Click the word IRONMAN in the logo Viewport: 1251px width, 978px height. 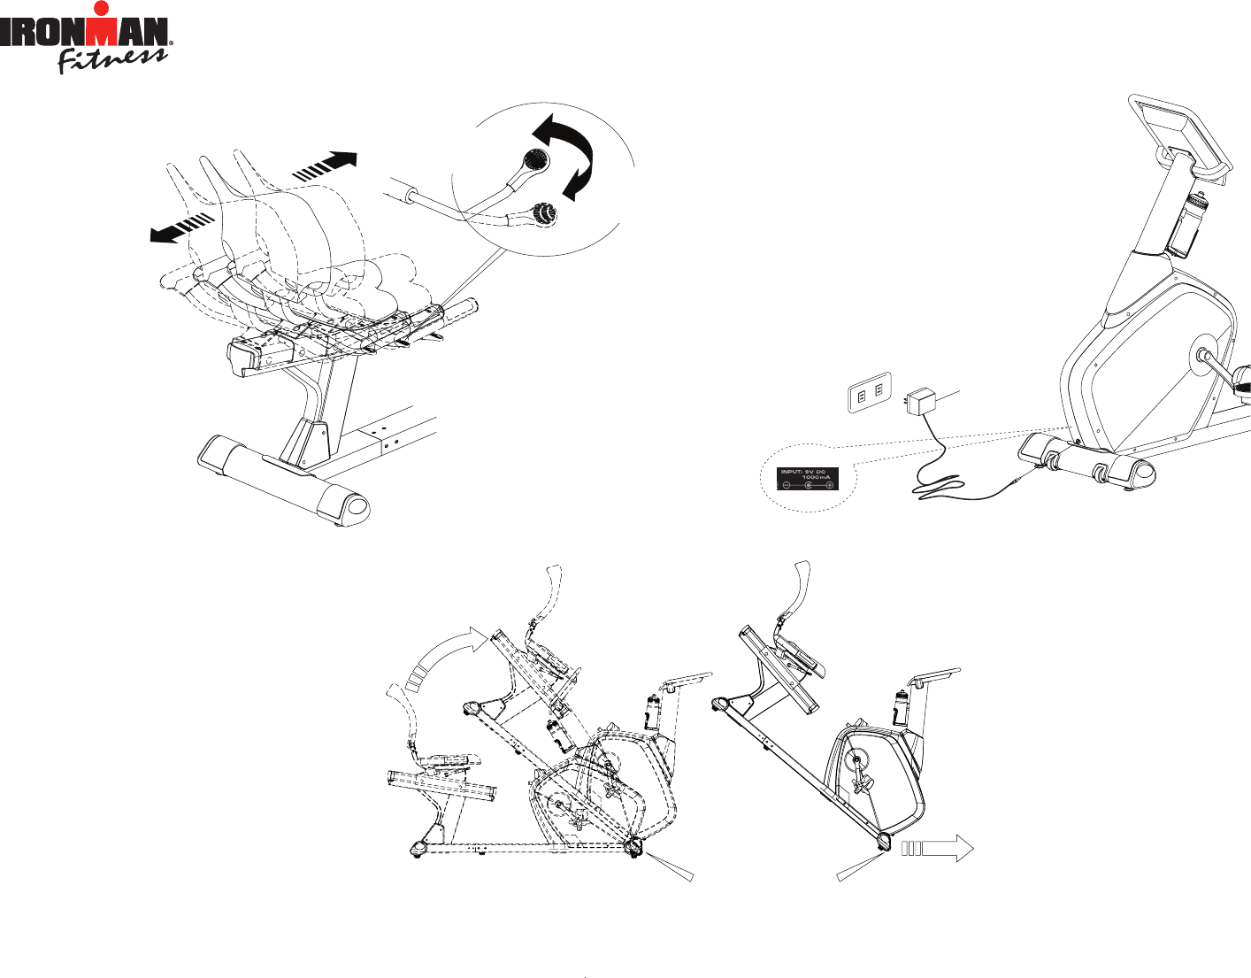85,34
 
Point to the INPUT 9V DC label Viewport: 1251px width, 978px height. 807,479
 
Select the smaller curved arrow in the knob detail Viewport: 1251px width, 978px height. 580,180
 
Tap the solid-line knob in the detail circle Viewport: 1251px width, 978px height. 536,160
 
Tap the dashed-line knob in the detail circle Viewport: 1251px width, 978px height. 540,212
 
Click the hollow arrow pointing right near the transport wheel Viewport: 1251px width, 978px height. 937,848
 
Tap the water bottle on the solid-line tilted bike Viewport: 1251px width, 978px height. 900,708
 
